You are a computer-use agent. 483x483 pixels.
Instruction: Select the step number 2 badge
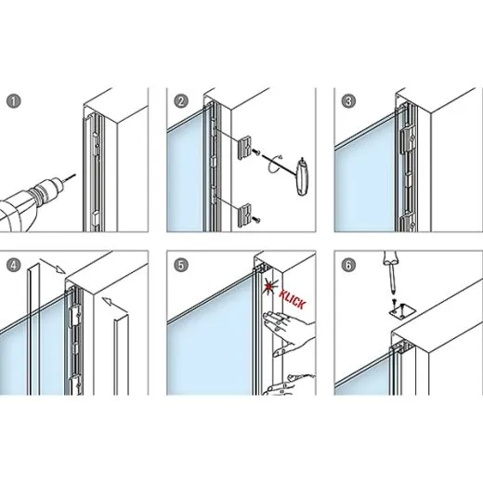pos(181,99)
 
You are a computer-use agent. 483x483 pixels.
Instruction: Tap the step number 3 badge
pos(348,99)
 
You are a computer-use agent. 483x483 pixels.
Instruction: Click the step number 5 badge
pos(181,265)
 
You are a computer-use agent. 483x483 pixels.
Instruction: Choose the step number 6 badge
pos(348,265)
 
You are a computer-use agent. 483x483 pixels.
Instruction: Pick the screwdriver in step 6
pos(390,275)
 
